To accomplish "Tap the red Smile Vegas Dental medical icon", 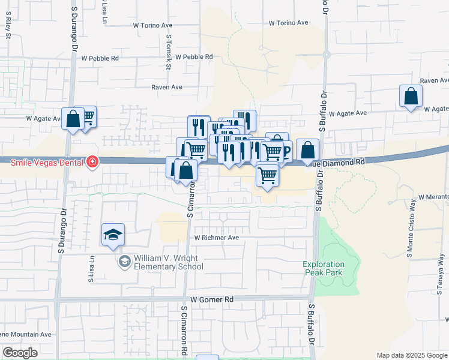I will point(92,161).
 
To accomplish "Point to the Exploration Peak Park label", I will point(324,268).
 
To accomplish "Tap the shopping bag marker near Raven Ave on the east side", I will point(411,97).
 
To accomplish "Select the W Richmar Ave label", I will point(216,238).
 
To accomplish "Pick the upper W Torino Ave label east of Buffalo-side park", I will point(288,23).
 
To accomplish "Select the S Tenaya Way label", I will point(441,271).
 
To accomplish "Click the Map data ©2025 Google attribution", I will point(412,355).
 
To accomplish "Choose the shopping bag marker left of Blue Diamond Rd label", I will point(307,150).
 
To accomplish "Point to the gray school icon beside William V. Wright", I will point(124,260).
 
